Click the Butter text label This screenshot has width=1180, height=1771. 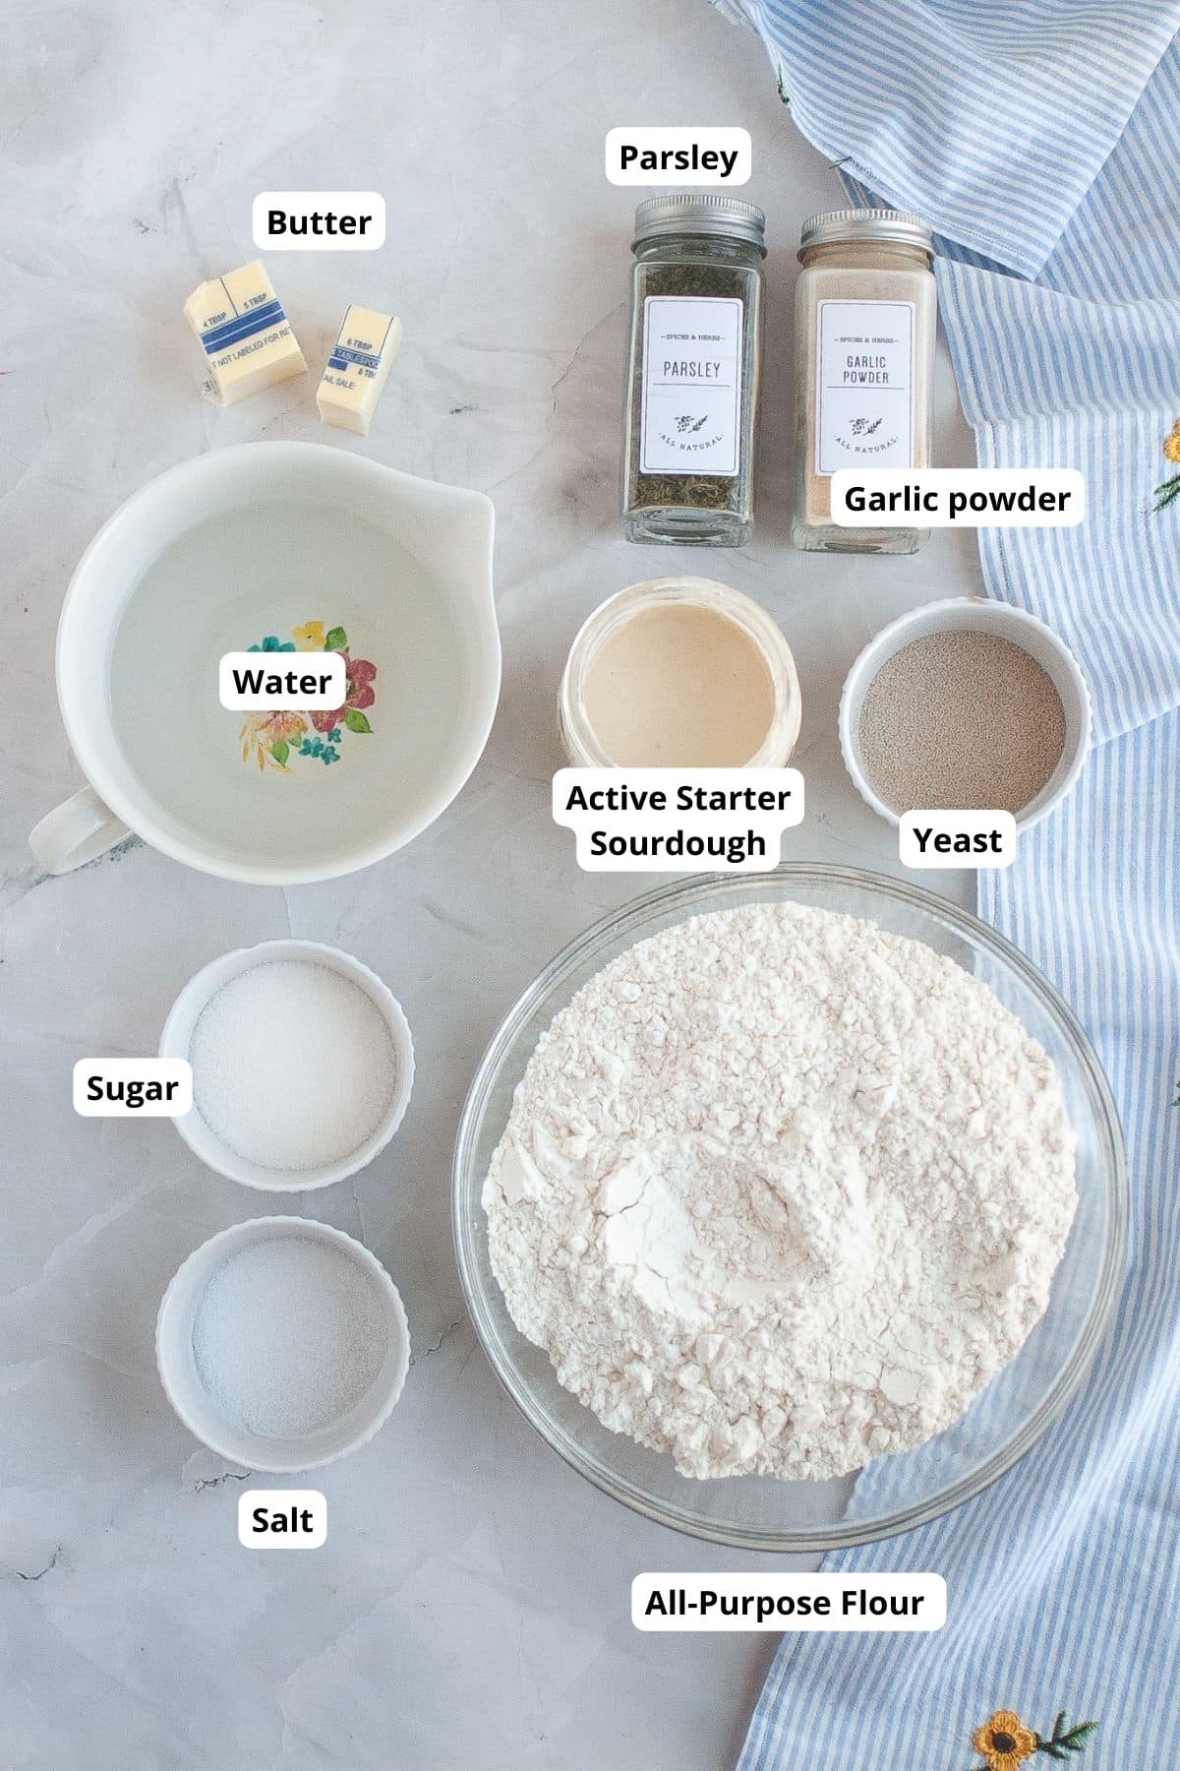[319, 222]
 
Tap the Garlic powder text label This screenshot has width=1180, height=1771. [956, 499]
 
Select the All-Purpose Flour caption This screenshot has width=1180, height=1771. [784, 1603]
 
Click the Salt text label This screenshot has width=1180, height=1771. [282, 1519]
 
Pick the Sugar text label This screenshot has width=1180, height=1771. [132, 1088]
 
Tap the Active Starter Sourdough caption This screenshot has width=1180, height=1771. [678, 820]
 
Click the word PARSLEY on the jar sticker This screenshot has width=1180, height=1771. [691, 370]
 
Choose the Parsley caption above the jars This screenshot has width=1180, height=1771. [678, 156]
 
